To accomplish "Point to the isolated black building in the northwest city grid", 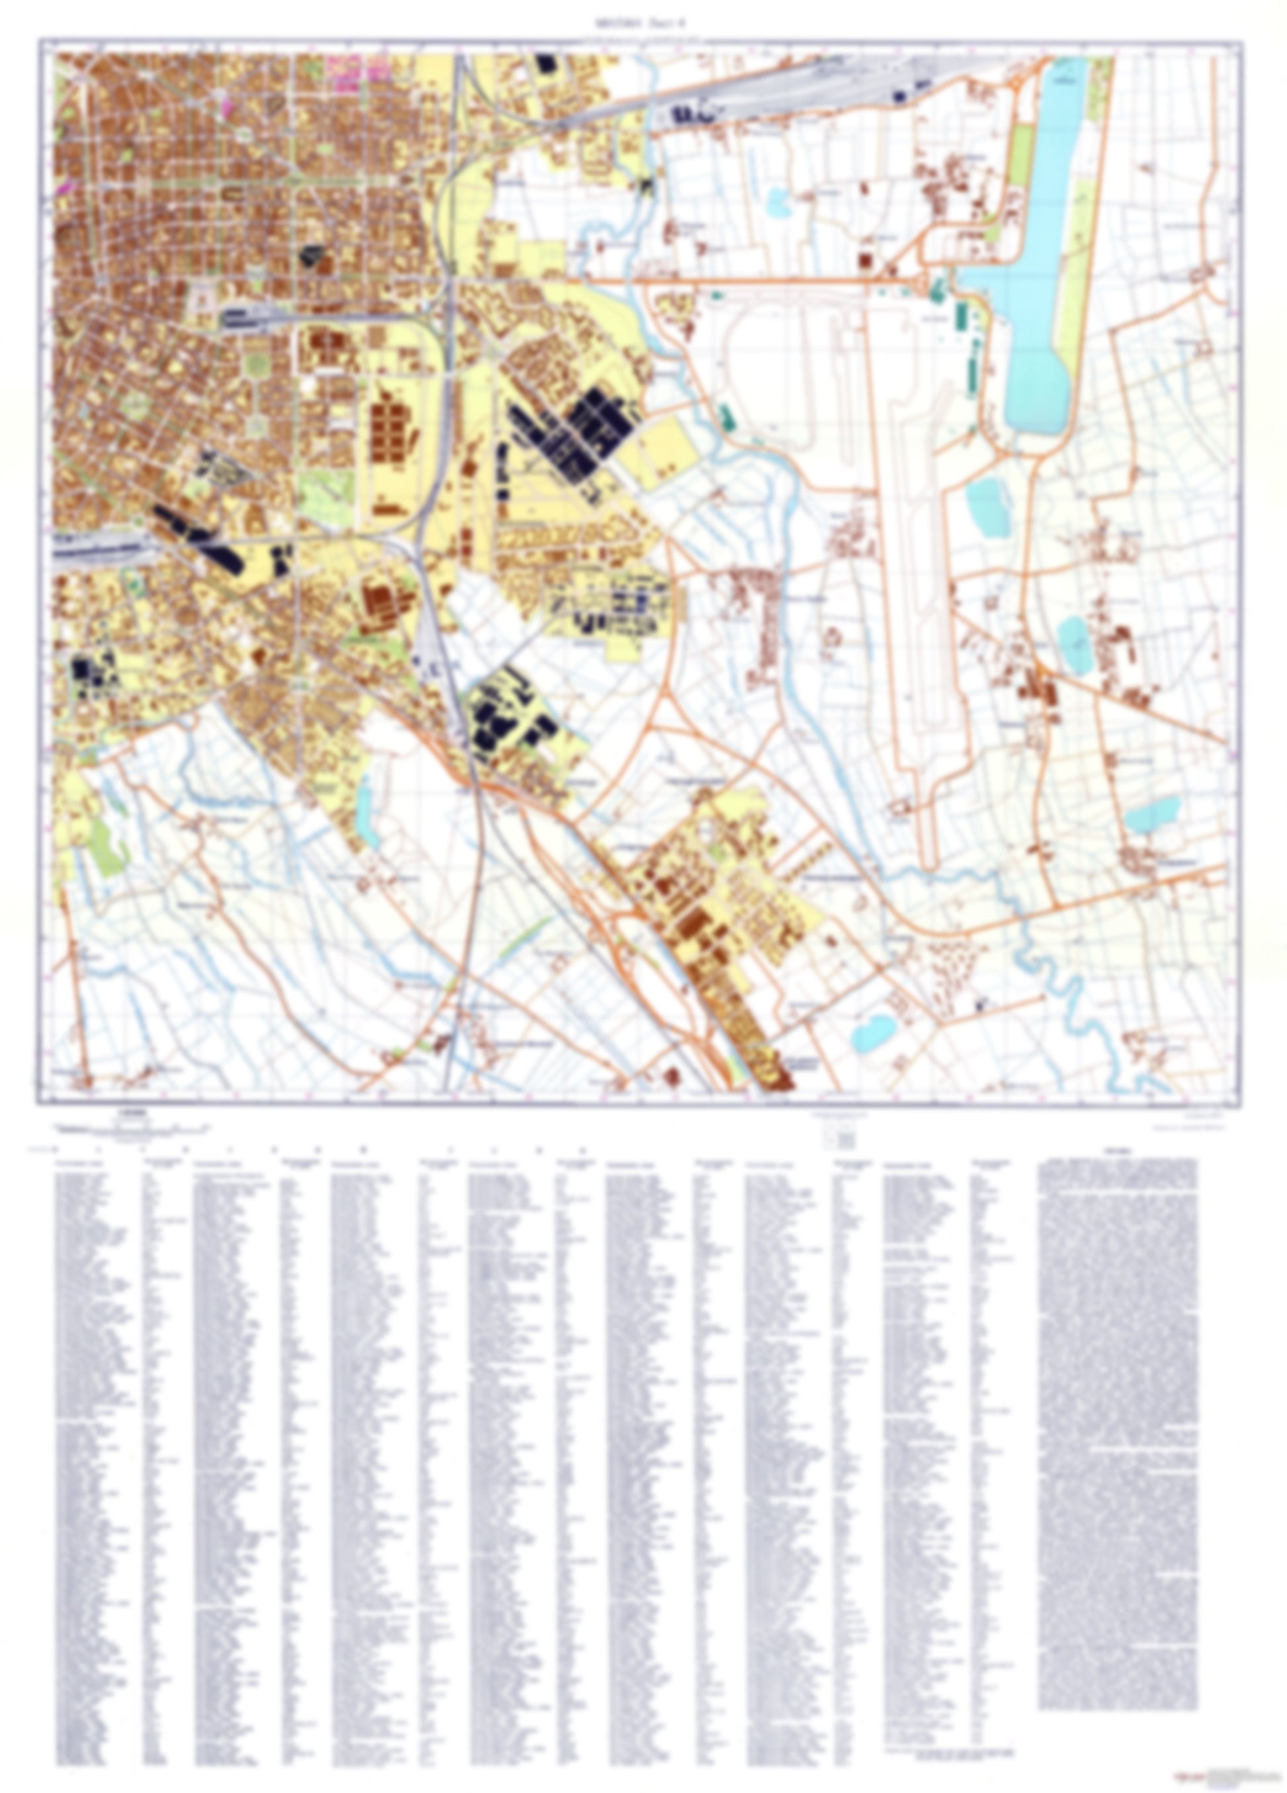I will tap(313, 255).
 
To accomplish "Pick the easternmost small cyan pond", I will tap(1153, 815).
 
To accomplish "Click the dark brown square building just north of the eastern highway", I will tap(866, 260).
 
